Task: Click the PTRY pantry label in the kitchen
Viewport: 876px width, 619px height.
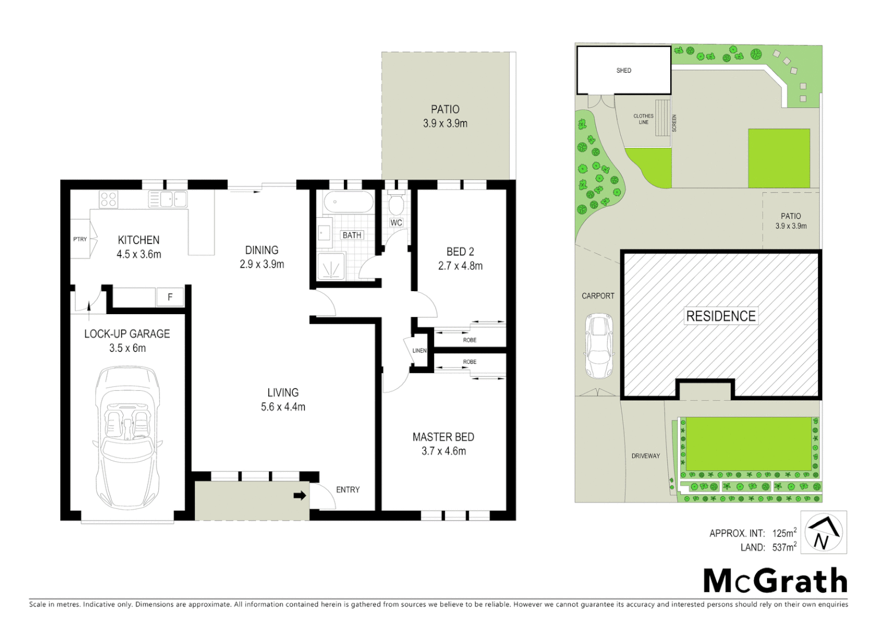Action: pyautogui.click(x=80, y=239)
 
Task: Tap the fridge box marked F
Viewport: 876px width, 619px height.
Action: pyautogui.click(x=170, y=297)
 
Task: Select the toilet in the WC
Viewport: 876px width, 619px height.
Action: pyautogui.click(x=396, y=204)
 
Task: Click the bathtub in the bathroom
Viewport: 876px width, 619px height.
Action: pyautogui.click(x=348, y=202)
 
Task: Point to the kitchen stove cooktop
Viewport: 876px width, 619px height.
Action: pyautogui.click(x=108, y=199)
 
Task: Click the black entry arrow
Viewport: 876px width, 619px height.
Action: pyautogui.click(x=300, y=495)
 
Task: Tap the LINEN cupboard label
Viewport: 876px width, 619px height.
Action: pyautogui.click(x=420, y=350)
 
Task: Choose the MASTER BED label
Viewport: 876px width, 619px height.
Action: pyautogui.click(x=443, y=437)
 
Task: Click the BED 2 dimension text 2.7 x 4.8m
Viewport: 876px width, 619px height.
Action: pyautogui.click(x=460, y=266)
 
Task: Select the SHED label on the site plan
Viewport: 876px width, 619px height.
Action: pyautogui.click(x=624, y=70)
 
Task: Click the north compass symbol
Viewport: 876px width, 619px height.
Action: pyautogui.click(x=823, y=533)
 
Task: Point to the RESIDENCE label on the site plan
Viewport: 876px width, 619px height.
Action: pyautogui.click(x=721, y=316)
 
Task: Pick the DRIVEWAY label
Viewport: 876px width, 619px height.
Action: pyautogui.click(x=646, y=456)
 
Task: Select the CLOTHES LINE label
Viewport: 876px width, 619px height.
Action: pyautogui.click(x=643, y=119)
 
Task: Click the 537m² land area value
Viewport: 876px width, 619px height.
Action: pyautogui.click(x=784, y=547)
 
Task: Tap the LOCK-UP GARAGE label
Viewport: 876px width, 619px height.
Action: pyautogui.click(x=127, y=334)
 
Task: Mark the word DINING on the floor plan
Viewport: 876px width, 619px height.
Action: pyautogui.click(x=261, y=250)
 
